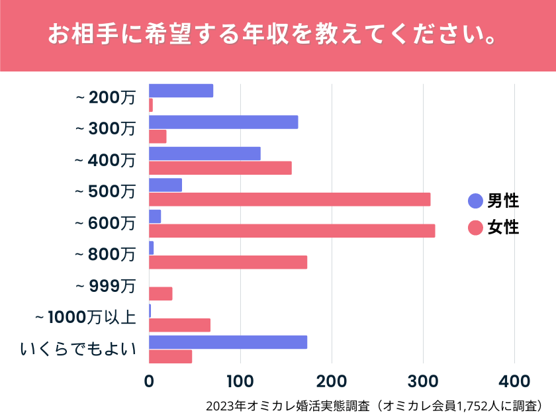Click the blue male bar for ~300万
[223, 122]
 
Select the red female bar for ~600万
[292, 230]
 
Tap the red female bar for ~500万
[289, 199]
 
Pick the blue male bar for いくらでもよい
[228, 342]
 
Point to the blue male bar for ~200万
[181, 91]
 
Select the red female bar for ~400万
[220, 168]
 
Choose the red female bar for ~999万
[160, 294]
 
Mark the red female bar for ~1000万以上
[179, 325]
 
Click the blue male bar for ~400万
[205, 154]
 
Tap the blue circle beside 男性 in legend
[475, 201]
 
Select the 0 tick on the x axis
[149, 381]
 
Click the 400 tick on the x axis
[514, 381]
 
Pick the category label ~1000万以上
[85, 318]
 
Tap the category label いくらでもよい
[78, 349]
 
